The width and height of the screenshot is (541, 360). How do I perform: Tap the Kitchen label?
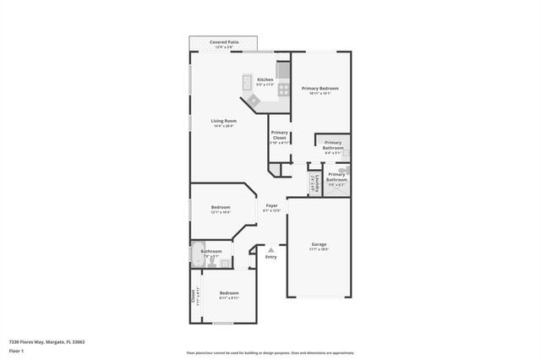coord(265,79)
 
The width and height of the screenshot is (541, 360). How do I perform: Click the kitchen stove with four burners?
coord(284,88)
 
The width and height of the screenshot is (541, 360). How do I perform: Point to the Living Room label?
coord(223,121)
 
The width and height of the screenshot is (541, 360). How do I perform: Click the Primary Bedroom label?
coord(320,89)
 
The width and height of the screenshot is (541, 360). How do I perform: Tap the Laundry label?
coord(312,183)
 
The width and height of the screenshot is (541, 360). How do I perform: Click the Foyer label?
coord(271,205)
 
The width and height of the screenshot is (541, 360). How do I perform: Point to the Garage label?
coord(319,244)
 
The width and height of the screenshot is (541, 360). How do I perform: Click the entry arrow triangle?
coord(270,249)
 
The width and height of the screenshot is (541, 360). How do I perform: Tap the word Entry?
coord(270,257)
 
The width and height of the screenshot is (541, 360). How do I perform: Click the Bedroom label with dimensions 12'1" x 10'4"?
coord(221,207)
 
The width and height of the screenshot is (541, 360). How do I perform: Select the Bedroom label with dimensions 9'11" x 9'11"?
coord(229,293)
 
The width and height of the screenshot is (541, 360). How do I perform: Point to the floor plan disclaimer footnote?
coord(270,353)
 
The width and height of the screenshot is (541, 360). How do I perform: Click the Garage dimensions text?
coord(319,249)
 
